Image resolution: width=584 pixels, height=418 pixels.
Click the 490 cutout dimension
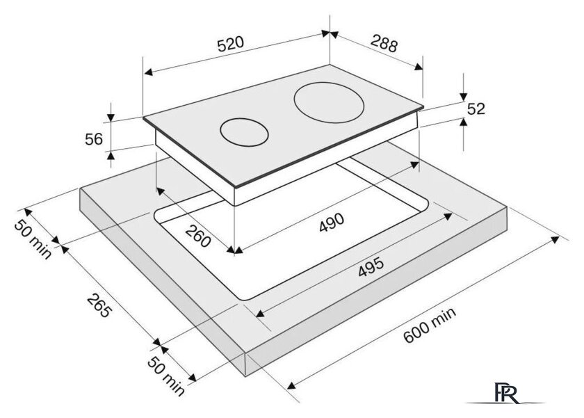tap(331, 222)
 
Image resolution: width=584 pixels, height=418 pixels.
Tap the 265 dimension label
tap(99, 306)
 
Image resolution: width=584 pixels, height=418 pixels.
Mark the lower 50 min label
tap(165, 376)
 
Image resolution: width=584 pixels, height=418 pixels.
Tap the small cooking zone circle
tap(244, 131)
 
